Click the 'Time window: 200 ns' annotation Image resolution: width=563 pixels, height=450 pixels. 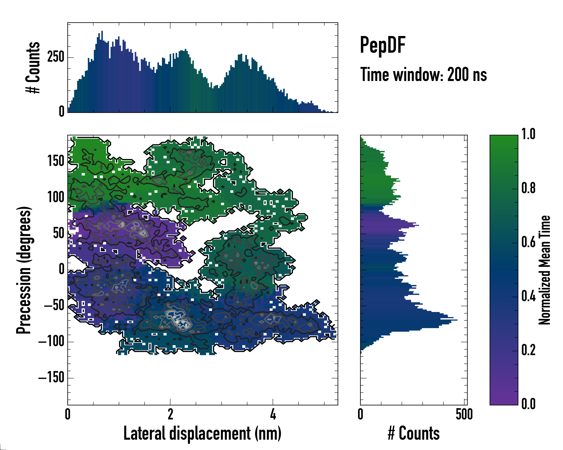click(423, 75)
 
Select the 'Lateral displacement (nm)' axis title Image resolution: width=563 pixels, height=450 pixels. click(202, 433)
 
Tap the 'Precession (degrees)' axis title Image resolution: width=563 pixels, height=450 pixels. click(24, 270)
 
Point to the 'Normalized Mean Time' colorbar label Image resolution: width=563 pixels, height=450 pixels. click(544, 270)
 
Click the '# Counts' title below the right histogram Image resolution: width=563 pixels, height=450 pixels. click(414, 433)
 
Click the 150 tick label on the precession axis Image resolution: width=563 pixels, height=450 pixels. click(56, 161)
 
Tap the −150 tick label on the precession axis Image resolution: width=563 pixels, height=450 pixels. click(51, 377)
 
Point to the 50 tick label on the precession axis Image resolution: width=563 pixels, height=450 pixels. click(59, 233)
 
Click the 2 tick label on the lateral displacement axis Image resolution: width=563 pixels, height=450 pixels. click(170, 414)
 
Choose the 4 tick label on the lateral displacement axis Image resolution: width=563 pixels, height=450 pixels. click(273, 414)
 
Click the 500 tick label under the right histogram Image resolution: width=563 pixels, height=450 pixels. click(464, 414)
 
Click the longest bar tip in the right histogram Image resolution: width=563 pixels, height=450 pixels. click(457, 320)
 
